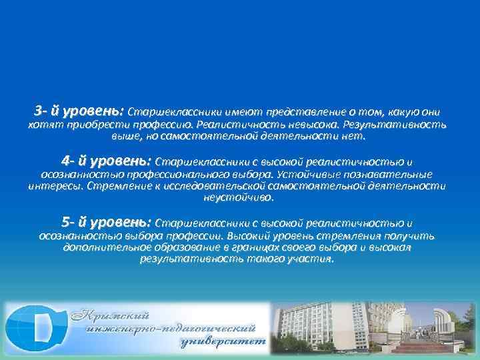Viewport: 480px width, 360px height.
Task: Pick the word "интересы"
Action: click(x=57, y=186)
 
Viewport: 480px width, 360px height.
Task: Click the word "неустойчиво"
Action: click(x=240, y=197)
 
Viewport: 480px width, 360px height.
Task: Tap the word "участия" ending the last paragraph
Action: click(x=311, y=259)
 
